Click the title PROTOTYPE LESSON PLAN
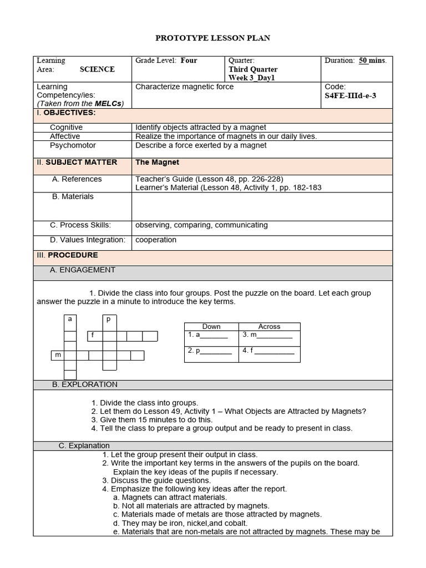click(x=212, y=38)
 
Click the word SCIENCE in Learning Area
click(x=97, y=69)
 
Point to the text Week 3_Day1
click(x=251, y=78)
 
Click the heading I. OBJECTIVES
click(x=66, y=113)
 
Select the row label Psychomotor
click(x=73, y=145)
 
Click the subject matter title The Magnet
click(x=157, y=163)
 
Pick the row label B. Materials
click(x=73, y=196)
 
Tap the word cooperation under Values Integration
click(x=156, y=240)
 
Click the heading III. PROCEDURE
click(x=67, y=255)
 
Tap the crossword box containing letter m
click(x=57, y=355)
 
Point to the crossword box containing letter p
click(x=109, y=319)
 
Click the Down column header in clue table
click(x=211, y=327)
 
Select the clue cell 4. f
click(x=268, y=351)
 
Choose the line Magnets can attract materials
click(x=174, y=498)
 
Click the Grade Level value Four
click(x=189, y=60)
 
